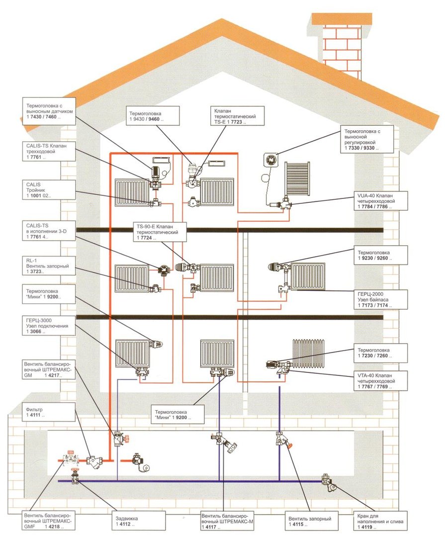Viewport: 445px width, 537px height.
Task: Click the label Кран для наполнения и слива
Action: point(380,521)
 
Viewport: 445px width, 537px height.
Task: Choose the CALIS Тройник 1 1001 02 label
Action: point(49,190)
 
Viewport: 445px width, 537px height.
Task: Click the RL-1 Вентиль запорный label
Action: point(49,266)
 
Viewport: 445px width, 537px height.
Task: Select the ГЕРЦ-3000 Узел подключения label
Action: point(49,326)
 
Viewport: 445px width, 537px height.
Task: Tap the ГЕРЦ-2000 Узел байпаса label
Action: point(381,300)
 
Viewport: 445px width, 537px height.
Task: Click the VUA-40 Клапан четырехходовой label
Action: point(381,201)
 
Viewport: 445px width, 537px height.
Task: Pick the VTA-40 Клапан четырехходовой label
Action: point(381,381)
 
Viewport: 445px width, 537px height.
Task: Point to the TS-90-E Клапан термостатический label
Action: point(160,232)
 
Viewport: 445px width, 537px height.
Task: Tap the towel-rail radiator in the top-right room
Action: point(297,179)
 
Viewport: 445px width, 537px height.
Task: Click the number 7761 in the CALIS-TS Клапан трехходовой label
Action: point(36,157)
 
